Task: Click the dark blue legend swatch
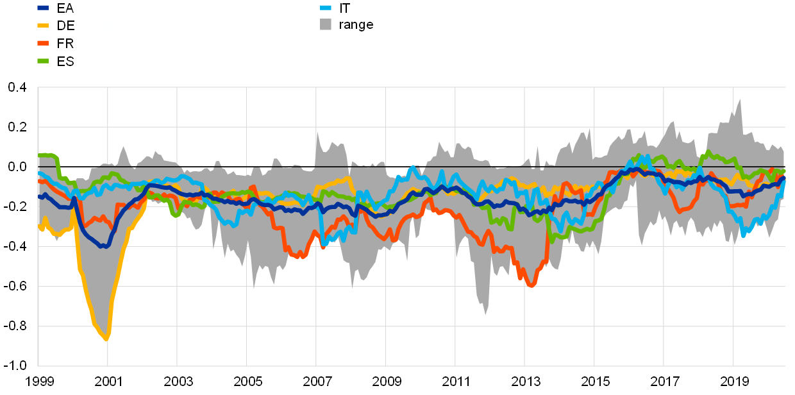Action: click(x=43, y=8)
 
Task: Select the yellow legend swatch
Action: click(x=43, y=26)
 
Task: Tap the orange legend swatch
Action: click(x=43, y=43)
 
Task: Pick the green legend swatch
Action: click(x=43, y=61)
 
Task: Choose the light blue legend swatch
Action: click(x=326, y=8)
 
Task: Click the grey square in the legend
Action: click(x=326, y=24)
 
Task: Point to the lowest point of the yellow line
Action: click(x=106, y=339)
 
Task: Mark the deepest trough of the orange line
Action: click(x=531, y=285)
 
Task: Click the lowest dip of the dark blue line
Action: click(x=105, y=246)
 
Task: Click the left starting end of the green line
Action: click(x=40, y=155)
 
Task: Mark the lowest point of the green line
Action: click(x=551, y=240)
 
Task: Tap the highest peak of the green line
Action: click(x=708, y=152)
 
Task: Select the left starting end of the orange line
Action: click(x=40, y=181)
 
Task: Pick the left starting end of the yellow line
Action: click(x=40, y=228)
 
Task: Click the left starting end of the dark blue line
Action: click(x=40, y=196)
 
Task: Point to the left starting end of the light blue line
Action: click(x=40, y=173)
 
